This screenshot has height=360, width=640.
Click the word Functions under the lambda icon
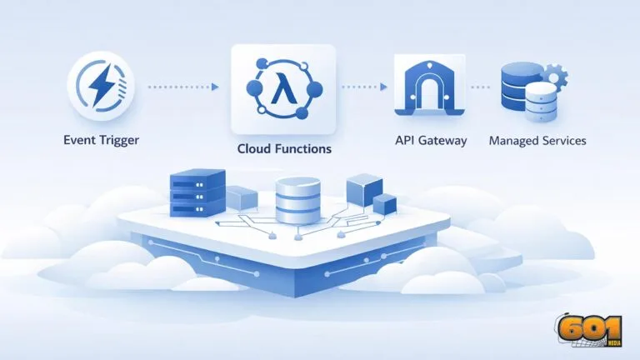point(301,149)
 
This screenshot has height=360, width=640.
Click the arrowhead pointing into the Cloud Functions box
point(215,87)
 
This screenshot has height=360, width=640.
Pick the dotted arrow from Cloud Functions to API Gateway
point(362,87)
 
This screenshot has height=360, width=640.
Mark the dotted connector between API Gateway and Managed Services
point(479,87)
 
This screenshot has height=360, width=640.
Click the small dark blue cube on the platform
point(384,205)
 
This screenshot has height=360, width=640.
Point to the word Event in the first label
point(80,141)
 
